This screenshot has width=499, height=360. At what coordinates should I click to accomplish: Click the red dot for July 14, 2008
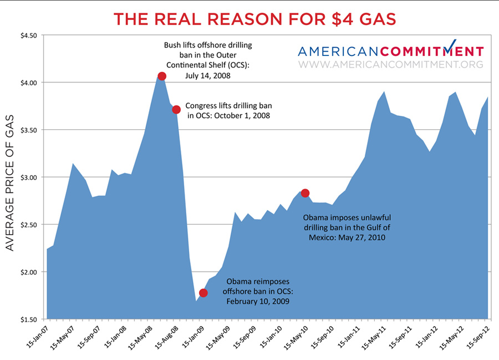tap(162, 76)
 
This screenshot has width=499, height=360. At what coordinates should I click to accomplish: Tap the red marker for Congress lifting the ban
tap(176, 109)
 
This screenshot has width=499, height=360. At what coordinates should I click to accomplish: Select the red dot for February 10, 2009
tap(203, 292)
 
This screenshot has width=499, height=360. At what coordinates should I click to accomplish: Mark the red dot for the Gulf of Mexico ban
tap(305, 192)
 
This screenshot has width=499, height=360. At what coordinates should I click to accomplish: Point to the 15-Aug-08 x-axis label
tap(166, 335)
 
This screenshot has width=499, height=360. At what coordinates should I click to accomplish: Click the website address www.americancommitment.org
tap(390, 64)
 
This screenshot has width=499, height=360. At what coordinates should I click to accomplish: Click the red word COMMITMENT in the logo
tap(431, 52)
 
